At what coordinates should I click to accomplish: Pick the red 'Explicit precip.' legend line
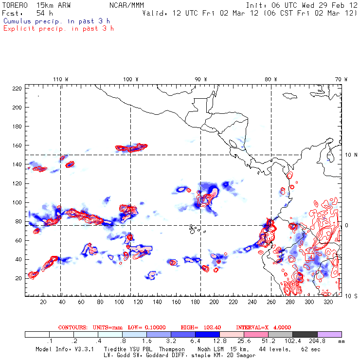point(58,28)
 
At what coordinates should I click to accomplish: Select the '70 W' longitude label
point(342,79)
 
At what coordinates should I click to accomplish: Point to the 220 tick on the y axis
point(17,89)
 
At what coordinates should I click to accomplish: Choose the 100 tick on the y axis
point(17,202)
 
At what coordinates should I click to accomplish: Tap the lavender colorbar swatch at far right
point(329,334)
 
